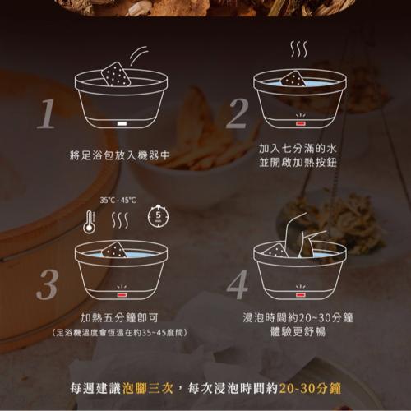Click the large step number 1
pyautogui.click(x=47, y=113)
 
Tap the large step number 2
pyautogui.click(x=238, y=113)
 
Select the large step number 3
pyautogui.click(x=47, y=284)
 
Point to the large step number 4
pyautogui.click(x=238, y=284)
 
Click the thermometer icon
pyautogui.click(x=90, y=222)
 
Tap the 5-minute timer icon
pyautogui.click(x=158, y=215)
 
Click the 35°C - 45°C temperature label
pyautogui.click(x=118, y=201)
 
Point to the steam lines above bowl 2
pyautogui.click(x=298, y=49)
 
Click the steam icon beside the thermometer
pyautogui.click(x=120, y=221)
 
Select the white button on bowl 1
pyautogui.click(x=122, y=123)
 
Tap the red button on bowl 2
pyautogui.click(x=300, y=123)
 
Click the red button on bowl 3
pyautogui.click(x=122, y=295)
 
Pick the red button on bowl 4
pyautogui.click(x=300, y=295)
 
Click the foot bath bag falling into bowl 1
pyautogui.click(x=116, y=74)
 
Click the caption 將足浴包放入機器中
pyautogui.click(x=120, y=155)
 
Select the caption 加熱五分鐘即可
pyautogui.click(x=119, y=318)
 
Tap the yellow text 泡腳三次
pyautogui.click(x=148, y=388)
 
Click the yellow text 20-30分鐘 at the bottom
pyautogui.click(x=310, y=388)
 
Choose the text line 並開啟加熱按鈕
pyautogui.click(x=298, y=163)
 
